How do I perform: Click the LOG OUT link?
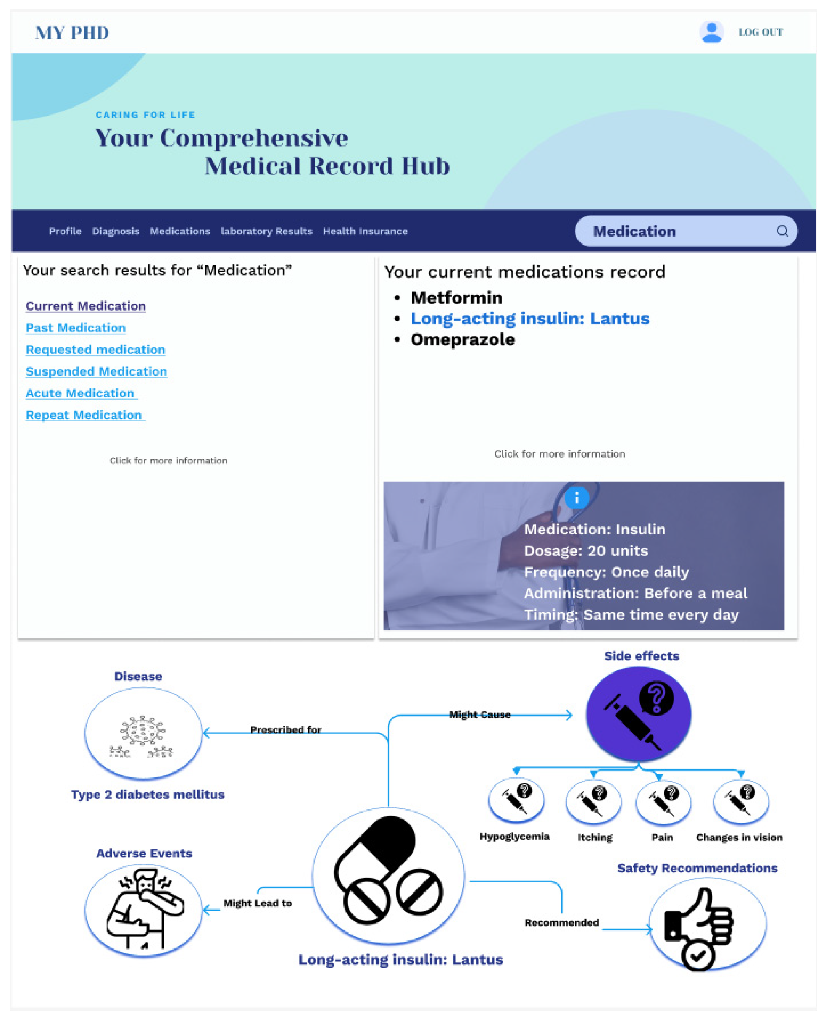pos(760,32)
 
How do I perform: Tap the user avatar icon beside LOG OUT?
pos(711,32)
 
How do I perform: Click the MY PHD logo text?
pos(72,33)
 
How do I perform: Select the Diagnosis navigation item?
pos(116,231)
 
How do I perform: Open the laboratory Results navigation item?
pos(266,231)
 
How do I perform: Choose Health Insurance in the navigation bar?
pos(365,231)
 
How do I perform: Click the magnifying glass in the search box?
pos(782,231)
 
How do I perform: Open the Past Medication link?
pos(76,328)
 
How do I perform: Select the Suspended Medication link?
pos(96,371)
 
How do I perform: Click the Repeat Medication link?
pos(84,415)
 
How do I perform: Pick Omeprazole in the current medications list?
pos(462,340)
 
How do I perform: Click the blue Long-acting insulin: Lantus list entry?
pos(529,319)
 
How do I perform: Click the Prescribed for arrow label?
pos(286,730)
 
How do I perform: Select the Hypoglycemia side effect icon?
pos(516,800)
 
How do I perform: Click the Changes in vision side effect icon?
pos(741,801)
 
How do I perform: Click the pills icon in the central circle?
pos(388,875)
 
